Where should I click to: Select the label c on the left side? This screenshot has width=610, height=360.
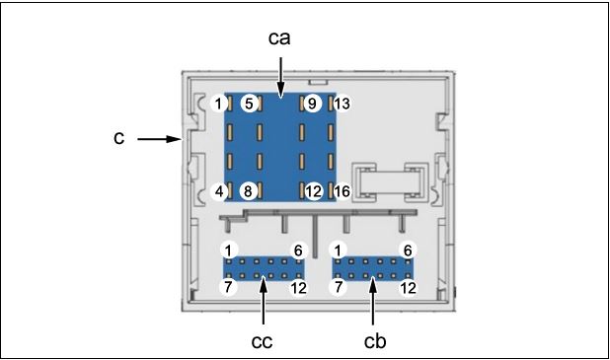point(118,139)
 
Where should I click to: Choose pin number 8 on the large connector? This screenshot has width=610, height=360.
point(250,191)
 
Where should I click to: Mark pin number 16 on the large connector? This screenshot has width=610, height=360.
point(342,191)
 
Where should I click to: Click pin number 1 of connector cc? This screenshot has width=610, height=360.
point(229,250)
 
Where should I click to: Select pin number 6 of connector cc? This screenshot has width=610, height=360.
point(298,250)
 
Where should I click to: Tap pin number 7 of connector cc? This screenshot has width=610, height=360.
point(229,287)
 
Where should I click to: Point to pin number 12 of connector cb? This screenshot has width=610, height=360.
point(408,287)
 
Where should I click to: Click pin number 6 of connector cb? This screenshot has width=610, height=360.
point(408,250)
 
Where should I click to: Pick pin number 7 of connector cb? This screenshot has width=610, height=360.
point(339,287)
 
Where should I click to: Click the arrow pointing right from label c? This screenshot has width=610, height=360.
point(157,139)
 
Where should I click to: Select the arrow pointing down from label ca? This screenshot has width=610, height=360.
point(281,77)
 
